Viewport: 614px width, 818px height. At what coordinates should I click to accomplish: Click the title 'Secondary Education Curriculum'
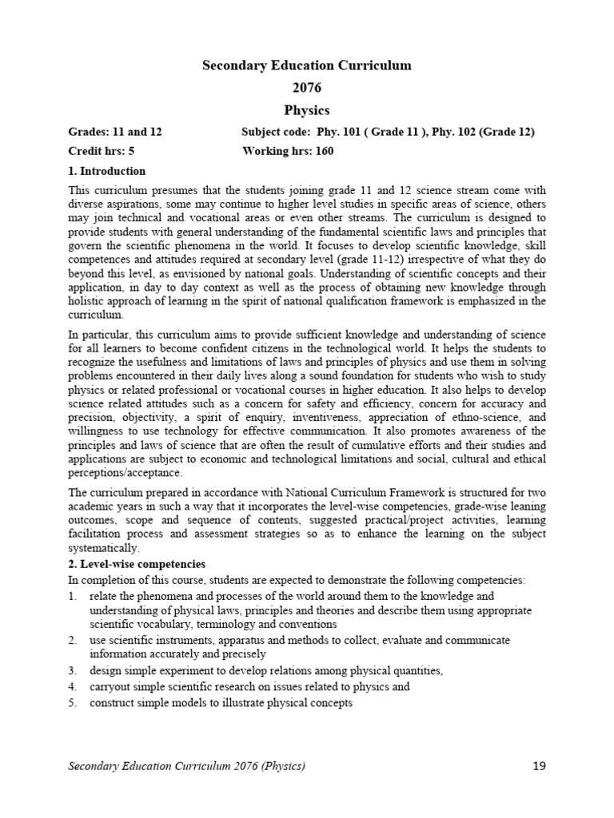tap(307, 66)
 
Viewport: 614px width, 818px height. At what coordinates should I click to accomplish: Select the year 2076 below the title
tap(307, 88)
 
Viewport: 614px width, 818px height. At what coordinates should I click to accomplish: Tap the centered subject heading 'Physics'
tap(307, 110)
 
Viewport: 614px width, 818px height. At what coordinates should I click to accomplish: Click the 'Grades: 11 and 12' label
tap(115, 131)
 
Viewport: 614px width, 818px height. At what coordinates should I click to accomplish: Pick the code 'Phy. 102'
tap(457, 131)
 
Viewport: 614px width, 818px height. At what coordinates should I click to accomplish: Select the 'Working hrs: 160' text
tap(287, 151)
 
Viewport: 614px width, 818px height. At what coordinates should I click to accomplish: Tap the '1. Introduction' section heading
tap(107, 171)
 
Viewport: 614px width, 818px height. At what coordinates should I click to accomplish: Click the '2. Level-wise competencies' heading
tap(137, 563)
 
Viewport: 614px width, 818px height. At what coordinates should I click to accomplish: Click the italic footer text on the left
tap(186, 767)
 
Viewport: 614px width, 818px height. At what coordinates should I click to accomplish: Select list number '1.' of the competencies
tap(73, 596)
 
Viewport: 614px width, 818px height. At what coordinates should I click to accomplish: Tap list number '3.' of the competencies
tap(73, 670)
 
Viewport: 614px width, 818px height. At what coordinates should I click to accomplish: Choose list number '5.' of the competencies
tap(73, 703)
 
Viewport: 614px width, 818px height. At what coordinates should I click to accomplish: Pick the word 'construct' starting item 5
tap(113, 703)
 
